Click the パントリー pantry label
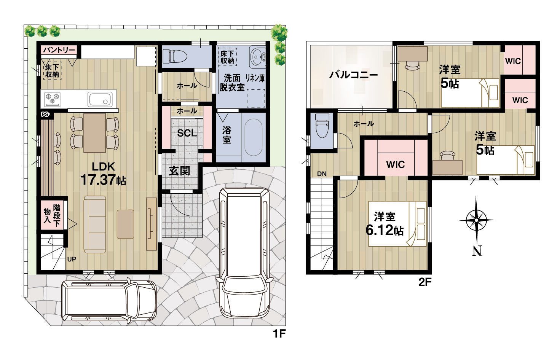point(59,50)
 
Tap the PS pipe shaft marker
point(45,115)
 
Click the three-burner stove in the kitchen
point(53,99)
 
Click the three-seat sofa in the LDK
point(95,224)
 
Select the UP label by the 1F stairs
point(72,259)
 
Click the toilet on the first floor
point(175,56)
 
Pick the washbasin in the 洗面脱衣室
point(257,57)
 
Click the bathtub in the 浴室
point(253,137)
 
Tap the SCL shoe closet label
point(187,133)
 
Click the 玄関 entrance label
point(179,171)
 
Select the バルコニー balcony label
point(354,75)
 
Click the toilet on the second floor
point(322,126)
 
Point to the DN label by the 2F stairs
point(322,174)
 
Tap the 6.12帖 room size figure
point(385,230)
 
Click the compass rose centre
point(476,220)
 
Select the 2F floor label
point(425,282)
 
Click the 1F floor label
point(279,334)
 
